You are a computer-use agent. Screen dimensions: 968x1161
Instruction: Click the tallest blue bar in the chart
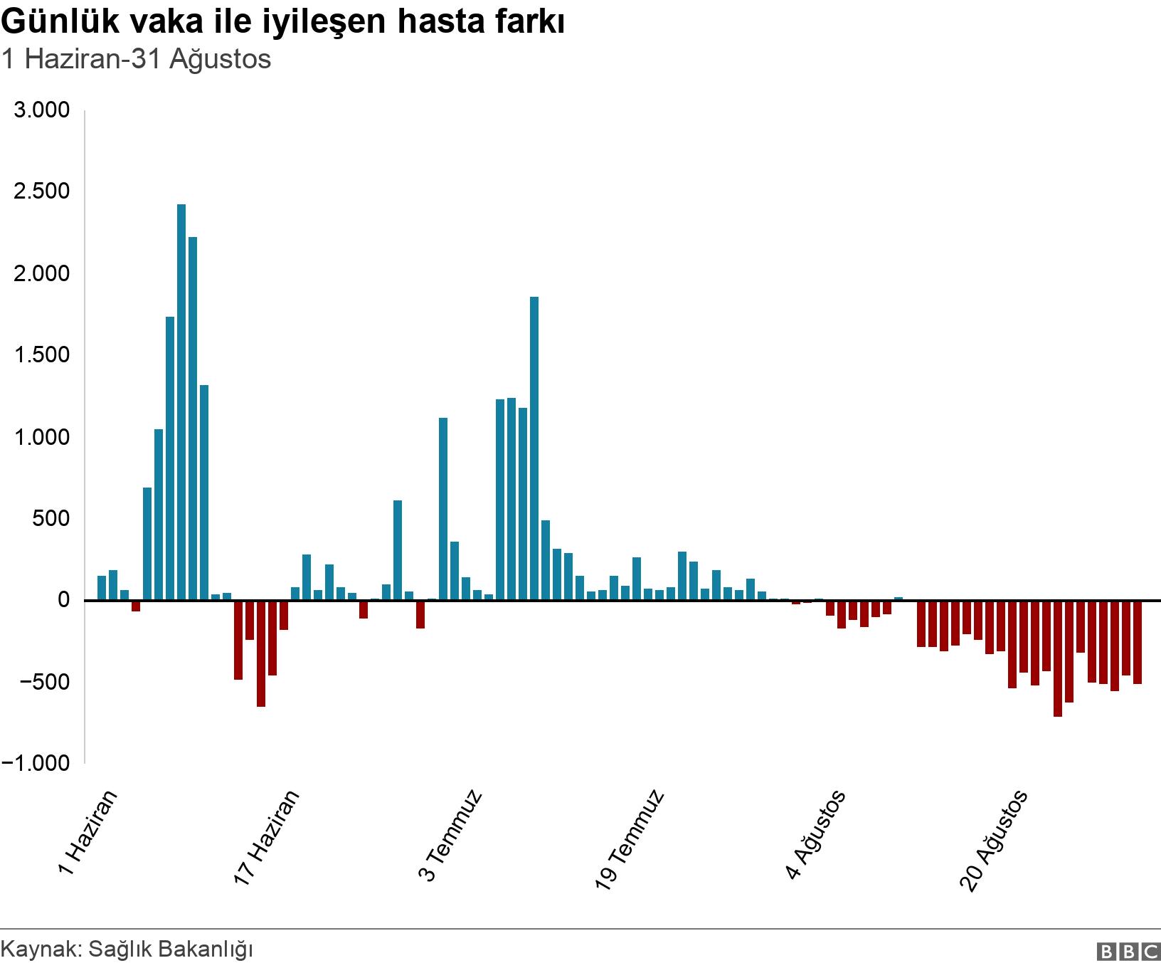pyautogui.click(x=181, y=402)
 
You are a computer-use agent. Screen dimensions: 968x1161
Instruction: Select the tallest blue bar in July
pyautogui.click(x=534, y=448)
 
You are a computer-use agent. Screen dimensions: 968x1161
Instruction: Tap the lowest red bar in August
pyautogui.click(x=1058, y=658)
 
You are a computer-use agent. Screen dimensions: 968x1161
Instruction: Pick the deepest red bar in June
pyautogui.click(x=261, y=653)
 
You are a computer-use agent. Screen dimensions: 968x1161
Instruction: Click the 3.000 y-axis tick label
pyautogui.click(x=42, y=110)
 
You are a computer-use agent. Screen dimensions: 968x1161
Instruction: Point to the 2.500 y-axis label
pyautogui.click(x=42, y=191)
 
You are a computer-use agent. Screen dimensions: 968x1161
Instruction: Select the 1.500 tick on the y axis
pyautogui.click(x=42, y=355)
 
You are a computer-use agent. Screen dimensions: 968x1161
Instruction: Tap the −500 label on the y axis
pyautogui.click(x=42, y=682)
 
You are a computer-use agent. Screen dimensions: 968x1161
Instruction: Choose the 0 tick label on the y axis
pyautogui.click(x=64, y=600)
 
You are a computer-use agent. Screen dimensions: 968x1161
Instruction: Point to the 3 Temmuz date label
pyautogui.click(x=450, y=835)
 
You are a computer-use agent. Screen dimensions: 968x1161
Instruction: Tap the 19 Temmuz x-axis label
pyautogui.click(x=630, y=839)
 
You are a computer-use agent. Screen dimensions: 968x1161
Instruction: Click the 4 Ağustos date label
pyautogui.click(x=816, y=834)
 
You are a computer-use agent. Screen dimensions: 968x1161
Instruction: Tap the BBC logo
pyautogui.click(x=1128, y=951)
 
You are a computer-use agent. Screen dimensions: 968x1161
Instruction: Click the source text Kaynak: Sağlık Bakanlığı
pyautogui.click(x=127, y=949)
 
